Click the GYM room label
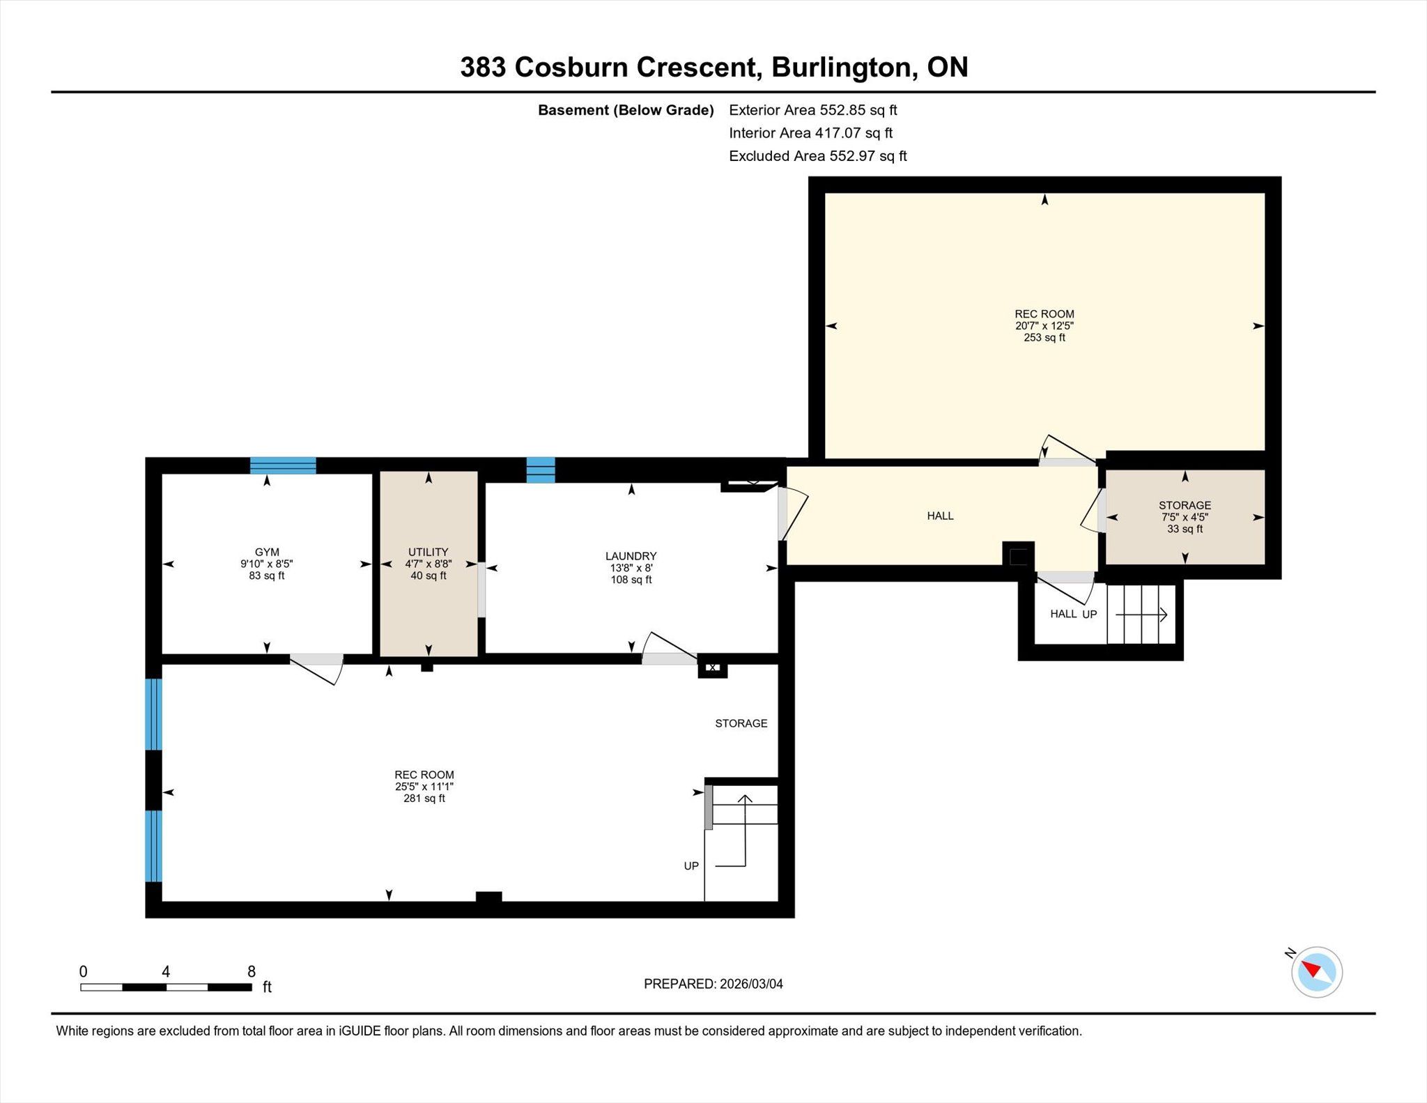tap(267, 552)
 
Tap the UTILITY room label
tap(429, 552)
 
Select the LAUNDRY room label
tap(631, 556)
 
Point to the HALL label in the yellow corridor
tap(940, 516)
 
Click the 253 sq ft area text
tap(1044, 337)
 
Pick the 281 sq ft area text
tap(424, 799)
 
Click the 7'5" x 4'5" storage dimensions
tap(1185, 517)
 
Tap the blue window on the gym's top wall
tap(283, 465)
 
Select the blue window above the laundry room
tap(541, 470)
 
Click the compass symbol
tap(1316, 972)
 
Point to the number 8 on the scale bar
tap(252, 971)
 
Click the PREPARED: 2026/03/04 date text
tap(713, 984)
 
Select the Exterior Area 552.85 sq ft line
tap(813, 110)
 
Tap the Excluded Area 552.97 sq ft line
tap(818, 156)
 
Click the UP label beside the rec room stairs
tap(691, 866)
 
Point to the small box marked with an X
tap(713, 668)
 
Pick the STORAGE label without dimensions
tap(741, 723)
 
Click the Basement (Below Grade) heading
tap(626, 110)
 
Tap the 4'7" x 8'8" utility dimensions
tap(429, 564)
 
